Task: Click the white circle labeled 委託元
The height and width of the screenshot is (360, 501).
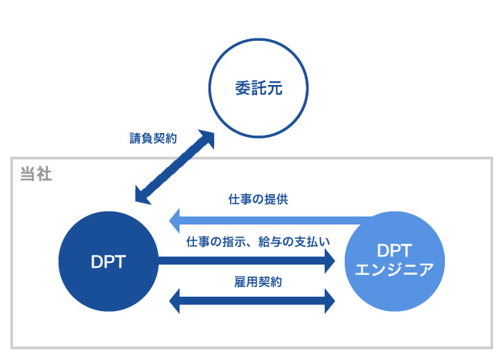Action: pyautogui.click(x=258, y=111)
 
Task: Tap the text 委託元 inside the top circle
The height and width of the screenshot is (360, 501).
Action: pyautogui.click(x=258, y=89)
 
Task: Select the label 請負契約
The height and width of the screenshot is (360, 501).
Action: pyautogui.click(x=153, y=138)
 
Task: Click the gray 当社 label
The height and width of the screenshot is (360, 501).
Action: pyautogui.click(x=35, y=173)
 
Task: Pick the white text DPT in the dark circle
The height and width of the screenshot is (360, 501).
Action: pyautogui.click(x=108, y=261)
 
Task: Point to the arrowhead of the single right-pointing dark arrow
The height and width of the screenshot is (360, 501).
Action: pyautogui.click(x=328, y=261)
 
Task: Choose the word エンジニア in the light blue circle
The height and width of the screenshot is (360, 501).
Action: pyautogui.click(x=393, y=269)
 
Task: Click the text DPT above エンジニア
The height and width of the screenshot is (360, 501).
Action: pyautogui.click(x=393, y=249)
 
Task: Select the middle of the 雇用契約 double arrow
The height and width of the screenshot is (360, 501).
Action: pyautogui.click(x=253, y=301)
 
